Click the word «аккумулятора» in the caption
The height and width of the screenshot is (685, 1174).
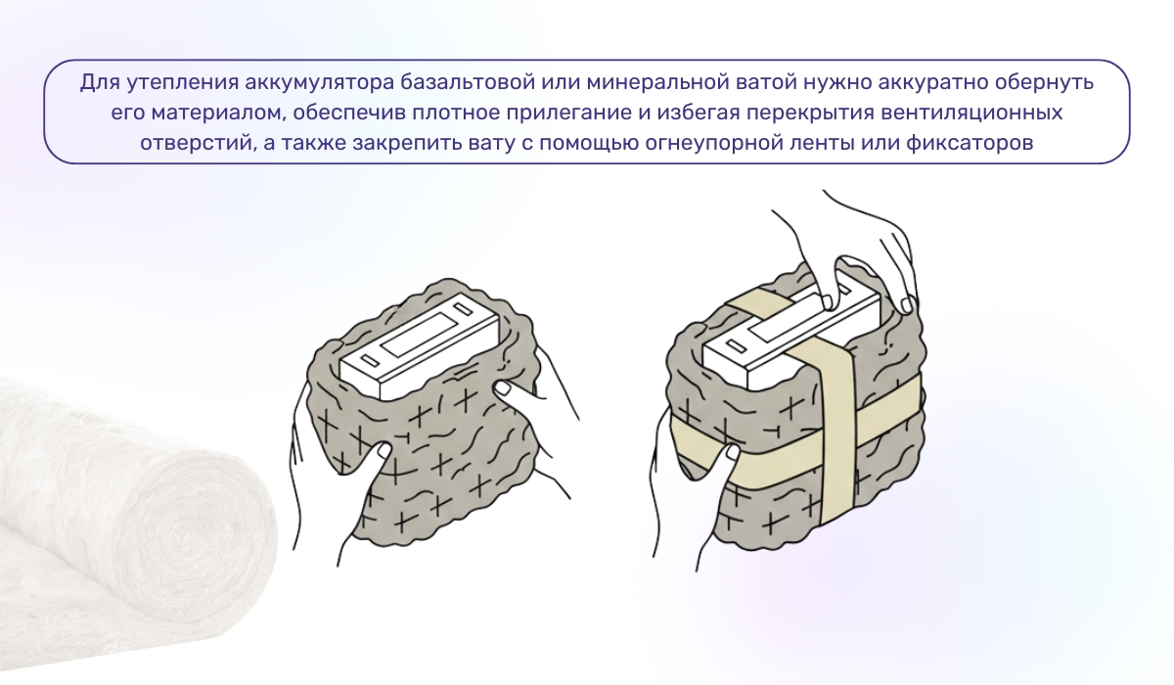pos(311,82)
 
